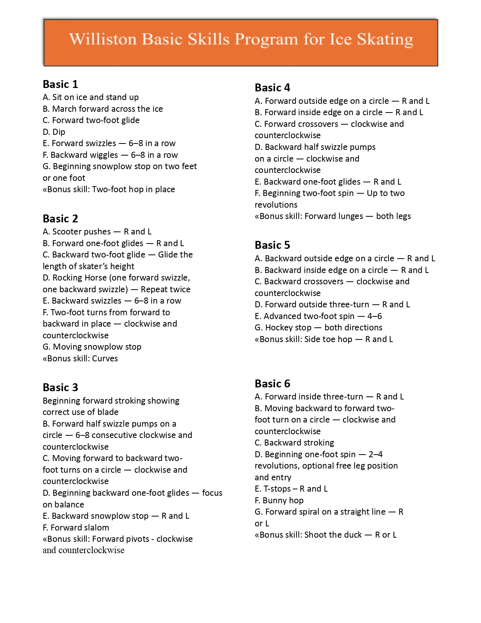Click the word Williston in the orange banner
coord(103,40)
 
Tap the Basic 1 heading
coord(60,84)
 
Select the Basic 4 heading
coord(272,88)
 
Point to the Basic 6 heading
coord(272,384)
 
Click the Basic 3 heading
coord(60,387)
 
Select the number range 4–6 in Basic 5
coord(375,316)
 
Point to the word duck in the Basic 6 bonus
coord(352,535)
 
